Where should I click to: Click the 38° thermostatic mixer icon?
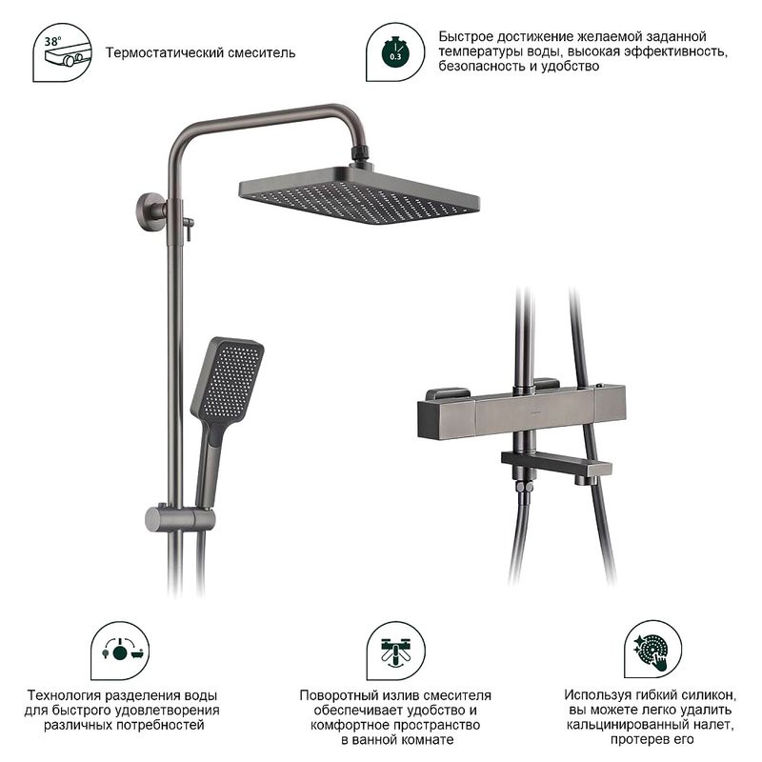tap(62, 52)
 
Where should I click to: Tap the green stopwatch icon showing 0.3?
tap(395, 52)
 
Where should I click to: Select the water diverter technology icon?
tap(120, 651)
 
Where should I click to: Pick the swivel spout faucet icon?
tap(395, 651)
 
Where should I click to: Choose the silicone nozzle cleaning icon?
tap(652, 650)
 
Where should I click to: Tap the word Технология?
tap(64, 695)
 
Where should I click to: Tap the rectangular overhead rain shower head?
tap(359, 194)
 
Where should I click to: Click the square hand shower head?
tap(227, 379)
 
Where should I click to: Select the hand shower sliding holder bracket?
tap(180, 518)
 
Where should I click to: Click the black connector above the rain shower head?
tap(360, 153)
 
